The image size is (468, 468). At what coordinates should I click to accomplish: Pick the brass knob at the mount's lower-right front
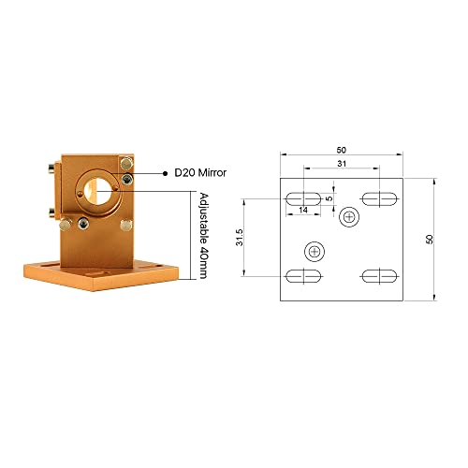125,226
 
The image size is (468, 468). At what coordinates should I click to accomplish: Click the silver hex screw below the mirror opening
84,222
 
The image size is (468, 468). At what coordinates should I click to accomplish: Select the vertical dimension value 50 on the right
430,239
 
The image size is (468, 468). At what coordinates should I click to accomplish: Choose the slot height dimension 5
329,198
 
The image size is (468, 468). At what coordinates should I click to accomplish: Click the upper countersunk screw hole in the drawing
350,217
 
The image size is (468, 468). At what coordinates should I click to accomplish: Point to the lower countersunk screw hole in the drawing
314,250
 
